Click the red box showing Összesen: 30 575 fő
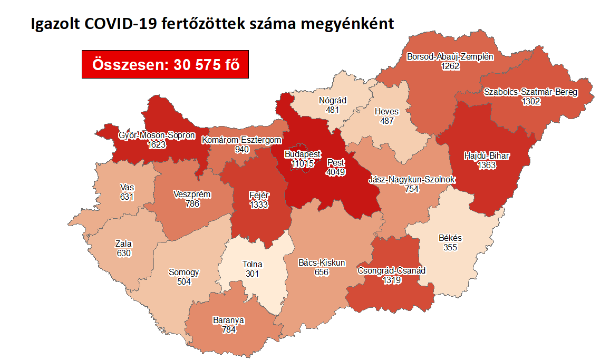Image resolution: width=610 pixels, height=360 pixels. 165,64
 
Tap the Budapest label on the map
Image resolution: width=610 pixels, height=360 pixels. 302,154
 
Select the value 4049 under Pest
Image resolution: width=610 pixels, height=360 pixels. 335,171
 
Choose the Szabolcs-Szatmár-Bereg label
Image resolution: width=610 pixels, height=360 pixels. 531,92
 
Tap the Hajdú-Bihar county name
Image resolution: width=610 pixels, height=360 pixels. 487,156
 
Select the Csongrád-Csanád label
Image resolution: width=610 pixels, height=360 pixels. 392,271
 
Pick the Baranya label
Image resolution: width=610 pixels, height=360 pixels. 228,320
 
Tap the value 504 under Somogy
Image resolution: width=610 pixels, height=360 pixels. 183,281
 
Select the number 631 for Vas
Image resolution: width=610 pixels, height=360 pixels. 127,197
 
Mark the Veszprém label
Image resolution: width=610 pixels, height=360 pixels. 192,194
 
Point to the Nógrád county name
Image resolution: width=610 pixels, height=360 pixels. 332,101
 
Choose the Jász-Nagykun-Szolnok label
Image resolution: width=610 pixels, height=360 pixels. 412,180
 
